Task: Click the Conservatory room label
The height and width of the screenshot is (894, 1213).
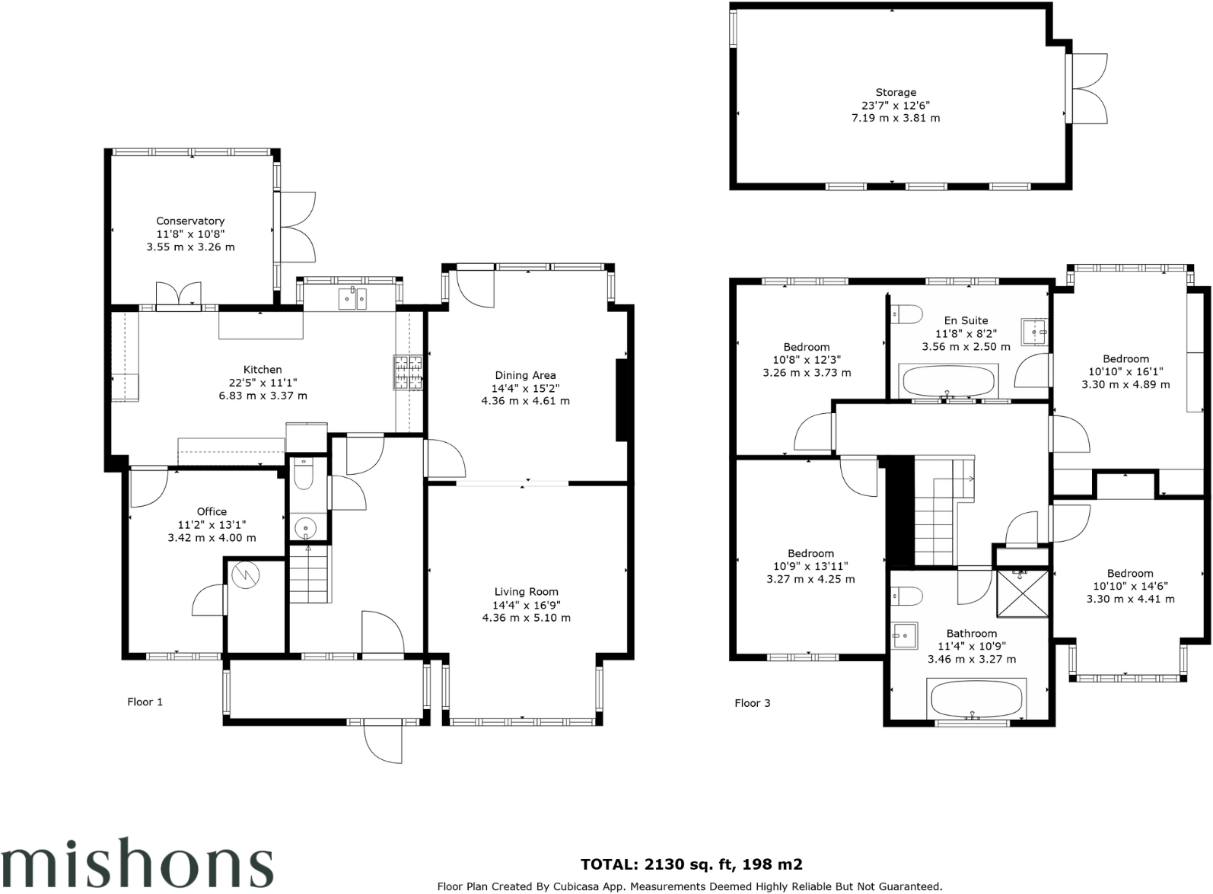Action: [190, 221]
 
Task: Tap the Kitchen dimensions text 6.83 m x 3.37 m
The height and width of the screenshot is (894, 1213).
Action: [263, 396]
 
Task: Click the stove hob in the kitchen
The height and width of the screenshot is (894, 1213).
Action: [409, 373]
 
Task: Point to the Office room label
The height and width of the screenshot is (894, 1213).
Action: [212, 512]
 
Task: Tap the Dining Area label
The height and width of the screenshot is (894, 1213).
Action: [525, 375]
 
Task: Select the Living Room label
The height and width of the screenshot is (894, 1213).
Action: [526, 592]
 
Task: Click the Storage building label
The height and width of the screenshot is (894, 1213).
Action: [896, 93]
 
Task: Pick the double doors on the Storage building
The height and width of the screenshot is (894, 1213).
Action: [1088, 88]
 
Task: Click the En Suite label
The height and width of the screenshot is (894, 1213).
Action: [966, 321]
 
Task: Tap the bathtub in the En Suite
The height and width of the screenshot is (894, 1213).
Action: [948, 380]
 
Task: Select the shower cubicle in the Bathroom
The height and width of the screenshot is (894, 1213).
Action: [1022, 593]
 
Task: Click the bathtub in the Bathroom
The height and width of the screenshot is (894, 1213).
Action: [976, 698]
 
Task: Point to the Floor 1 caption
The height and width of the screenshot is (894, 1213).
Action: [145, 702]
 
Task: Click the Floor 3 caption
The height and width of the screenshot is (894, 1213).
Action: [752, 703]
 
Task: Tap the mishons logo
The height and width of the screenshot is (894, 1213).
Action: [137, 864]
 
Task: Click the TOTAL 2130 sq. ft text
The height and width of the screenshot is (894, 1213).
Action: [691, 864]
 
